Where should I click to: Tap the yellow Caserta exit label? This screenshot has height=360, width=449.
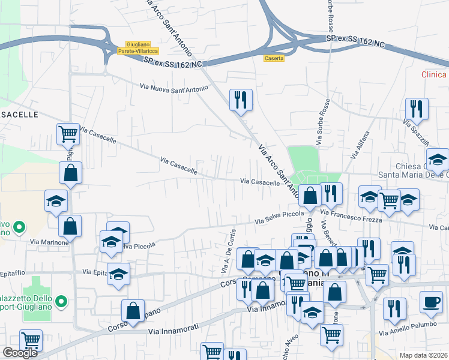(x=274, y=58)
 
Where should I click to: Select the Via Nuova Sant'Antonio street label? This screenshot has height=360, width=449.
(x=173, y=88)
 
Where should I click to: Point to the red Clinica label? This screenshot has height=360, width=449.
(x=435, y=74)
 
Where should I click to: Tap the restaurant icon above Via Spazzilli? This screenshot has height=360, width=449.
(x=416, y=109)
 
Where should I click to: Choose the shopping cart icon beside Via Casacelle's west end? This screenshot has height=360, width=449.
(x=68, y=134)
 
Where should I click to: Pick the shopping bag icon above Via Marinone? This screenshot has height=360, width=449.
(x=70, y=227)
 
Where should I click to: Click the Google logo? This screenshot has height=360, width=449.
(x=20, y=353)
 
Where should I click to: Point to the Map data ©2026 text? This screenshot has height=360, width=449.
(x=423, y=355)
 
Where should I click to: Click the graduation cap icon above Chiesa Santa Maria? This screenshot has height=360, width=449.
(x=438, y=159)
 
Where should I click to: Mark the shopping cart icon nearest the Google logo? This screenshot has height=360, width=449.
(x=30, y=341)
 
